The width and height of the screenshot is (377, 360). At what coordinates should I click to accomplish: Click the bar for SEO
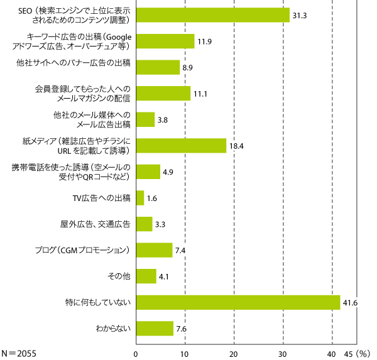tap(212, 15)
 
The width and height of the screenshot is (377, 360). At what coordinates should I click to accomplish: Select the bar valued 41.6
tap(238, 303)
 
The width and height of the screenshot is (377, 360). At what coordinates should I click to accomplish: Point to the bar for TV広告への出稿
tap(140, 198)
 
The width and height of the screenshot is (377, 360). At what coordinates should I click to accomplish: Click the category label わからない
tap(113, 329)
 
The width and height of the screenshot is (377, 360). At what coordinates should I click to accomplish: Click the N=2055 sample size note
tap(19, 353)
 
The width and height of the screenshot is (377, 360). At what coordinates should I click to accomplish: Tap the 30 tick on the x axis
tap(283, 353)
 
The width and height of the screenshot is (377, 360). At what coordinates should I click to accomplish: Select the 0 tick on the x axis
tap(136, 353)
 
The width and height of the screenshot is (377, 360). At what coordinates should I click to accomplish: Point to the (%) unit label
tap(364, 353)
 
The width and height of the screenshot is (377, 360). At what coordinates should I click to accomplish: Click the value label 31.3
tap(300, 15)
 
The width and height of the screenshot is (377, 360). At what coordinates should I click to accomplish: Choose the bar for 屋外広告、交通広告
tap(144, 224)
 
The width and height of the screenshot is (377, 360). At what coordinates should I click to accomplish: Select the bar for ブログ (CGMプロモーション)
tap(154, 250)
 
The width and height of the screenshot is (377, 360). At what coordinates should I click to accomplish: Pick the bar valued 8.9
tap(158, 67)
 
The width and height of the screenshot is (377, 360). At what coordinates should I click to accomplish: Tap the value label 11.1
tap(201, 94)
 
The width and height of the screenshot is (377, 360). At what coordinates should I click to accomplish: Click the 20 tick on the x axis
tap(234, 353)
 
